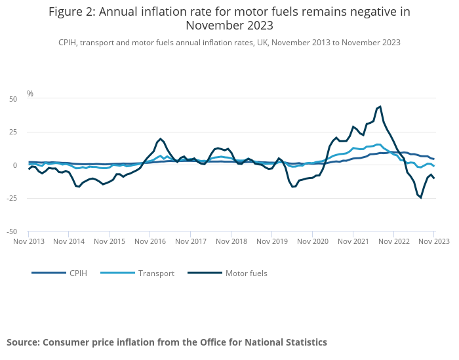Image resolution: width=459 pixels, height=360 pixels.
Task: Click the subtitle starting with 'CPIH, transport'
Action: tap(229, 43)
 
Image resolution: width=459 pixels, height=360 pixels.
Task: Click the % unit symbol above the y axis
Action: tap(30, 94)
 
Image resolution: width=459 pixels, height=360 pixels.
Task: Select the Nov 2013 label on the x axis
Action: tap(29, 241)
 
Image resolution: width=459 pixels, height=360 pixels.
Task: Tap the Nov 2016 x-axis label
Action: tap(150, 241)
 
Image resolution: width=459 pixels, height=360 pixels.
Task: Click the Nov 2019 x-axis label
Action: tap(271, 241)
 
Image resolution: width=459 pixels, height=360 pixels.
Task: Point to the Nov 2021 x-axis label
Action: tap(353, 241)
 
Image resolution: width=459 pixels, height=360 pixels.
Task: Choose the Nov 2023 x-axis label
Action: tap(433, 241)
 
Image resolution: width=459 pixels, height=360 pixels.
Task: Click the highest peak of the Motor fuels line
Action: tap(380, 106)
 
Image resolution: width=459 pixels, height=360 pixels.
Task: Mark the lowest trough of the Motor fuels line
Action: tap(420, 197)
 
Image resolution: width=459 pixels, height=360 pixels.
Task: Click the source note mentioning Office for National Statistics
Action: tap(167, 342)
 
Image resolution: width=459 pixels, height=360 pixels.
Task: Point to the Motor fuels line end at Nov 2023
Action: tap(434, 178)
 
